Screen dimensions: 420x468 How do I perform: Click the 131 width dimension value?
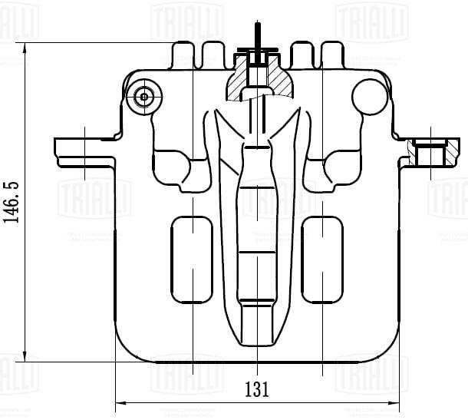click(257, 389)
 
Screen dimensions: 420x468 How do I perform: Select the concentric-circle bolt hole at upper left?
click(143, 97)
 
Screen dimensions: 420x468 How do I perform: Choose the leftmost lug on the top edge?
click(183, 55)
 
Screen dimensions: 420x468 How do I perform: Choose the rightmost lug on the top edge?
click(331, 55)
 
